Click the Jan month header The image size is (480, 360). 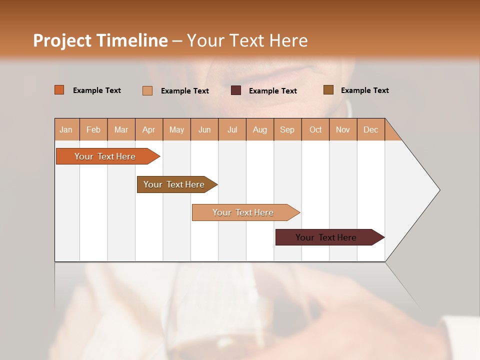coord(66,129)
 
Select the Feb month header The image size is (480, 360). coord(93,129)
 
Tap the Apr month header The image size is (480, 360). coord(148,129)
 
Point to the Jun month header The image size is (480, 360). coord(204,129)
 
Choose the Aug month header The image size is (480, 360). coord(259,129)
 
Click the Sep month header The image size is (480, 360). coord(287,129)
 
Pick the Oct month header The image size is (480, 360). coord(315,129)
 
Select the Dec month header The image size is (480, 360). coord(370,129)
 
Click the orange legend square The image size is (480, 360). coord(59,90)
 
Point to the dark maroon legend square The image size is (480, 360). coord(236,90)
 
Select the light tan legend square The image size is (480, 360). coord(147,90)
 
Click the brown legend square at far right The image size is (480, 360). coord(328,90)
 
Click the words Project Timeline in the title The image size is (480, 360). coord(100,40)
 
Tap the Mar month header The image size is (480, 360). coord(121,129)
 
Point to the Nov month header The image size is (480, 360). coord(343,129)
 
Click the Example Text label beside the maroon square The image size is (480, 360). coord(273,91)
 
